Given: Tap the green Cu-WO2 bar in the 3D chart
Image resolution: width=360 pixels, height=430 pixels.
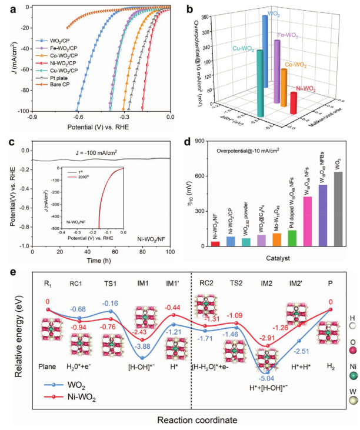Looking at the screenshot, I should tap(259, 82).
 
